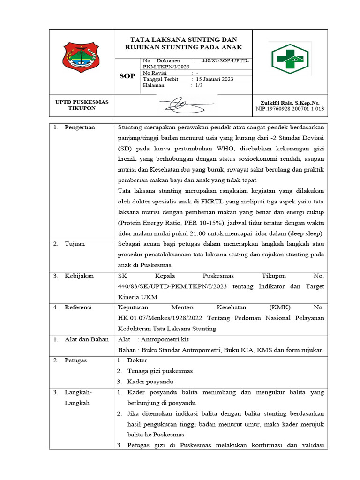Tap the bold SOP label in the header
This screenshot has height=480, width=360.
pos(127,76)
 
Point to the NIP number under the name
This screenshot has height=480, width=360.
pos(290,109)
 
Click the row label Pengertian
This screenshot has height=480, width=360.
pos(80,127)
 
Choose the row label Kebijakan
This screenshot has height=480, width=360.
pos(79,276)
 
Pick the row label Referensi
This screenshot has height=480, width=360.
pos(78,307)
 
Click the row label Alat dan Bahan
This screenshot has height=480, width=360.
pos(87,339)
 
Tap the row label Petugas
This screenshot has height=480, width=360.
pos(75,360)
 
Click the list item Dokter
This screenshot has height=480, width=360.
pos(137,360)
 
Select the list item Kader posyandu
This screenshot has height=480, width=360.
pos(150,381)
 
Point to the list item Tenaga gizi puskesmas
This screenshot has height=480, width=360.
pos(160,371)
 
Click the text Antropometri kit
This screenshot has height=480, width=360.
pos(166,339)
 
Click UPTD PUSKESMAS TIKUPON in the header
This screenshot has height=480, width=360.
pos(82,105)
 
